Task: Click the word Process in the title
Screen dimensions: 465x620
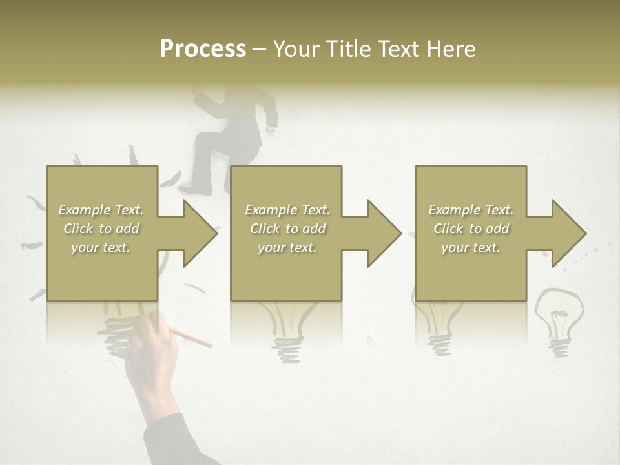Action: point(203,49)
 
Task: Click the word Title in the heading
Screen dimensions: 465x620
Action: point(349,49)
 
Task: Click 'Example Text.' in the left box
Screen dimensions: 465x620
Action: point(101,210)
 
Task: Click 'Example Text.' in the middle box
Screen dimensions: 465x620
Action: point(287,210)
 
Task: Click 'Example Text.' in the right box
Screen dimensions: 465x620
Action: point(471,210)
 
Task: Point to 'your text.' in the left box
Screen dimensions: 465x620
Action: point(101,247)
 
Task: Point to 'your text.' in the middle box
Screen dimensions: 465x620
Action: point(287,247)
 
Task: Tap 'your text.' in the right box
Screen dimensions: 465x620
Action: point(471,247)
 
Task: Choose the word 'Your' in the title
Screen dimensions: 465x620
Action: point(299,49)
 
